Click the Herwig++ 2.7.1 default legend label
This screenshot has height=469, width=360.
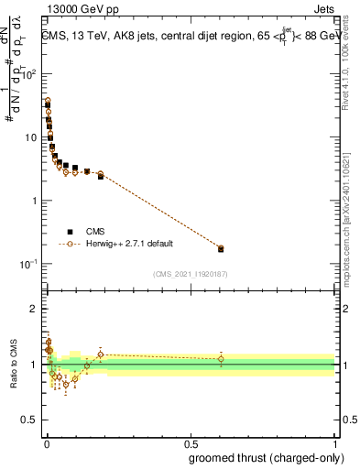coord(129,245)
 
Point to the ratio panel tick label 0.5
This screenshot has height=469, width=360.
coord(30,421)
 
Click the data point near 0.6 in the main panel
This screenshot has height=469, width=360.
coord(221,248)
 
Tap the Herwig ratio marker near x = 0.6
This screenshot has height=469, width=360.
coord(221,359)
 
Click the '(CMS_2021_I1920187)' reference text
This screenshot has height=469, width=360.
coord(190,274)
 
